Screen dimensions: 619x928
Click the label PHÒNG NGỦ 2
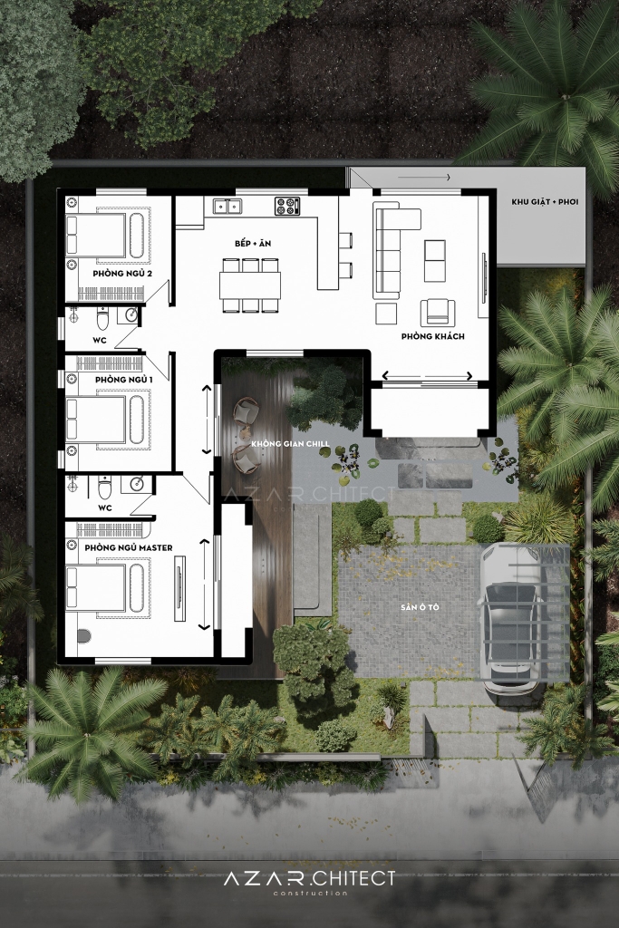(x=122, y=274)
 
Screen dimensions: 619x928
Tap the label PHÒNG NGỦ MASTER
(x=129, y=547)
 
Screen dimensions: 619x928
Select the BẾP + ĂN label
(x=253, y=243)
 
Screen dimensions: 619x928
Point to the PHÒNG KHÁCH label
(x=432, y=336)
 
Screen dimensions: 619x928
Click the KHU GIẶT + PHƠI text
(x=545, y=202)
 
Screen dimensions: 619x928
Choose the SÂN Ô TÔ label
(x=420, y=607)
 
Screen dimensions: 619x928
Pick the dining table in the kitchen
(x=250, y=285)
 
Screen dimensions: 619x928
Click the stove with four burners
(x=287, y=206)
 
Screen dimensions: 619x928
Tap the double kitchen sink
(x=227, y=206)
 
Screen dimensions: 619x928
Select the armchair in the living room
(x=438, y=312)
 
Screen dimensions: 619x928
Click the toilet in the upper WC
(x=103, y=320)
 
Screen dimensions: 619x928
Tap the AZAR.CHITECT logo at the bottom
(x=310, y=880)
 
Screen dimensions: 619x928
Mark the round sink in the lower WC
(x=138, y=484)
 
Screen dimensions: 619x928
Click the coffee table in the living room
(x=435, y=261)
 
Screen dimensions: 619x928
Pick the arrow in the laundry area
(x=424, y=177)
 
